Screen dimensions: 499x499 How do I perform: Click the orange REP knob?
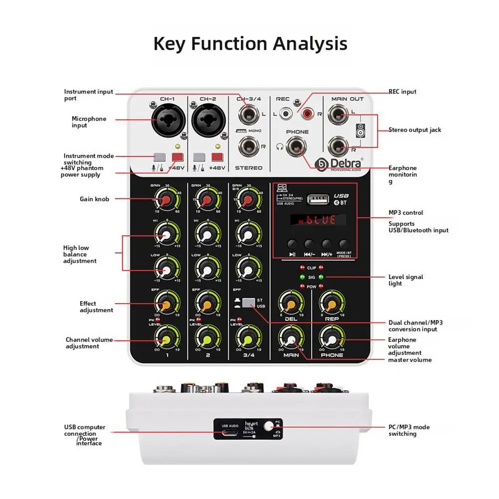332,303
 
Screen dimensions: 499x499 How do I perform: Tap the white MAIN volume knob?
291,340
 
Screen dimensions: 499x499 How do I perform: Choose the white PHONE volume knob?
332,340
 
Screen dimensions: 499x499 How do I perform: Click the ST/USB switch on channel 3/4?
248,302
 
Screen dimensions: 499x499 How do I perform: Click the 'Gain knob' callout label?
94,199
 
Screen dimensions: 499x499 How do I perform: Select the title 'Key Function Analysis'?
250,43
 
